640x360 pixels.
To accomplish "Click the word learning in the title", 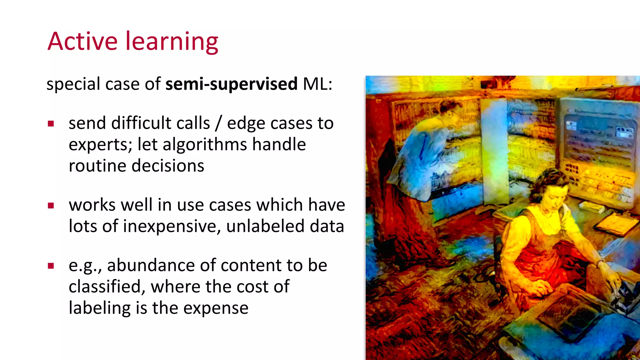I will [172, 42].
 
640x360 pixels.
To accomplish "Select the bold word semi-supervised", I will [231, 84].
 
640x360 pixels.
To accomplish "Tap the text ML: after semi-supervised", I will [317, 84].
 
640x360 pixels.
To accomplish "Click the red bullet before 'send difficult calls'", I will [51, 124].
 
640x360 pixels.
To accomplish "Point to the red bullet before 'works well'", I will [51, 205].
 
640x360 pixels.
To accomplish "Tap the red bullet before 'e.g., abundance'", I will [51, 266].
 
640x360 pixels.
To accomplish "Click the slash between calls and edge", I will [218, 123].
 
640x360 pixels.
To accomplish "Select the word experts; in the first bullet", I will [101, 145].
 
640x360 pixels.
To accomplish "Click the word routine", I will [97, 166].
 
